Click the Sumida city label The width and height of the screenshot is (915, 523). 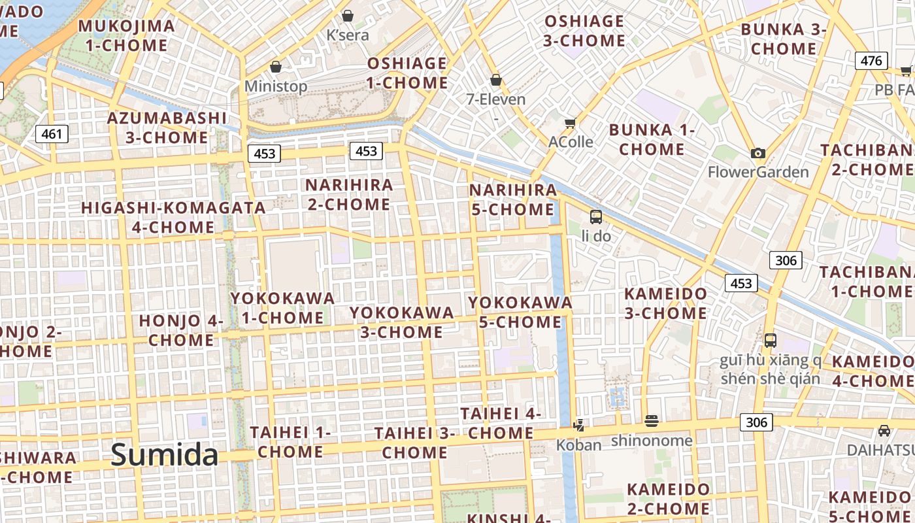(164, 454)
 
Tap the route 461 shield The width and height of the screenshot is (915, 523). (51, 135)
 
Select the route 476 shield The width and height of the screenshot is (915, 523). (871, 61)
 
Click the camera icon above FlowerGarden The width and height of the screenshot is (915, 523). (758, 154)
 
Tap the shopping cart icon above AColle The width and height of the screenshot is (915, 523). (571, 124)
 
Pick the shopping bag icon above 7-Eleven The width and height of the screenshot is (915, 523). (496, 80)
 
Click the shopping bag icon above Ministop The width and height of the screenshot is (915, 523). (276, 67)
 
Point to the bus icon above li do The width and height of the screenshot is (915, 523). (596, 216)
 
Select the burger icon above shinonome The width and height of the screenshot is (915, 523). (651, 421)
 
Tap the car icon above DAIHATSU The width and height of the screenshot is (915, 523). (884, 431)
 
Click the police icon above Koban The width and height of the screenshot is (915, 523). (578, 426)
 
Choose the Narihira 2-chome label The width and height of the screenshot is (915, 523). (349, 194)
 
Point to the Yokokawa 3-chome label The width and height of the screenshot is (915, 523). (401, 322)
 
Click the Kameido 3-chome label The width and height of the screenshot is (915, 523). (665, 303)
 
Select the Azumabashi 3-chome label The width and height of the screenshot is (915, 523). (167, 127)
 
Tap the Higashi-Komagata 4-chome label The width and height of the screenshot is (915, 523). (173, 217)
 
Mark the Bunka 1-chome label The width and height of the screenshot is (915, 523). (652, 139)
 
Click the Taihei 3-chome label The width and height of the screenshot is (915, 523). (414, 443)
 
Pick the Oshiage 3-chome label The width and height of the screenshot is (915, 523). (584, 31)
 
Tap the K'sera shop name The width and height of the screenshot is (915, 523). (348, 35)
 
